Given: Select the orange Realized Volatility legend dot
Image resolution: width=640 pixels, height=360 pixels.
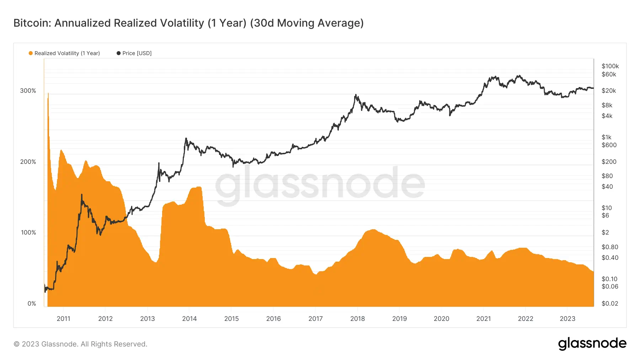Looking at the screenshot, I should (31, 53).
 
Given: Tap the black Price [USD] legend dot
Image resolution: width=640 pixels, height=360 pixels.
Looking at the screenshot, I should (118, 53).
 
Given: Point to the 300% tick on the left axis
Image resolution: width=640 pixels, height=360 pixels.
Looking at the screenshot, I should (28, 91).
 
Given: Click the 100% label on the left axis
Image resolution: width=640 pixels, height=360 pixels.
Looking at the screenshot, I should (28, 233).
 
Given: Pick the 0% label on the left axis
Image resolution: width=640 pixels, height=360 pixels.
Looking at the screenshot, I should (32, 304).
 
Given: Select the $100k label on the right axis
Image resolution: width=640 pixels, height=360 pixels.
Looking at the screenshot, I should (610, 66).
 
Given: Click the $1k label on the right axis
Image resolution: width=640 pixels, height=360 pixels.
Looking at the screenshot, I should (606, 137).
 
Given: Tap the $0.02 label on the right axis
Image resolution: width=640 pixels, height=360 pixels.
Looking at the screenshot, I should (609, 303).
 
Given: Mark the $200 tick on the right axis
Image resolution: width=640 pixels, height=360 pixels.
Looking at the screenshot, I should (609, 162).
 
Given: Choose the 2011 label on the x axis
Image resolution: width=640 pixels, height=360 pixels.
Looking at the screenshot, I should (63, 319).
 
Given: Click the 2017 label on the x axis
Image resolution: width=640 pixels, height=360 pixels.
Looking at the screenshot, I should (315, 319).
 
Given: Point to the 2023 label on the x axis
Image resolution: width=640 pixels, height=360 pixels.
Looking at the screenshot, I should (567, 319).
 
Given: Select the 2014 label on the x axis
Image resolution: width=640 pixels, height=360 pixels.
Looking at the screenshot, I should (189, 319).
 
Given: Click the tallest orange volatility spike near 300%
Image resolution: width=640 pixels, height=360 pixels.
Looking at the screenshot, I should (48, 94).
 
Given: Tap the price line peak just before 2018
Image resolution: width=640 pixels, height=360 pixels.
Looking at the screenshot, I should (355, 95).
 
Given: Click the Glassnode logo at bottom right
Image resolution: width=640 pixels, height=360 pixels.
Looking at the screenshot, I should (592, 344).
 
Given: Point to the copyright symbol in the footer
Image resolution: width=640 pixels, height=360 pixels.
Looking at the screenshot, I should (16, 344).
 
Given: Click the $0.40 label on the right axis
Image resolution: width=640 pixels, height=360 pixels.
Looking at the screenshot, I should (609, 258).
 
